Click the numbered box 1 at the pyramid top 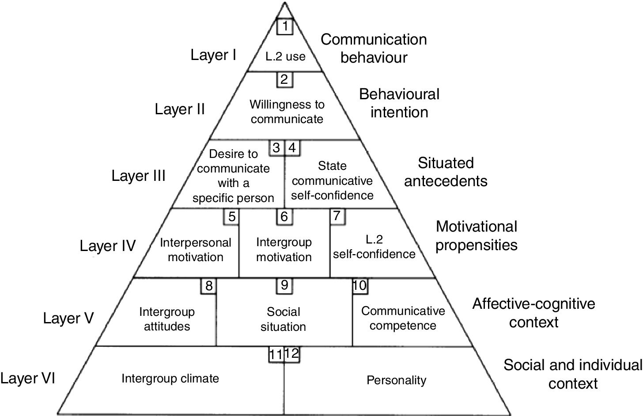point(285,26)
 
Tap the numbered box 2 point(284,79)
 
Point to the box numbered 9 point(284,285)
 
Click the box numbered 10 point(360,285)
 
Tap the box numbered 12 point(292,353)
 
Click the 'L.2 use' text point(285,56)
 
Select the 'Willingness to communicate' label point(287,112)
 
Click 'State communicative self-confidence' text point(333,180)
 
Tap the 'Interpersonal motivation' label point(195,249)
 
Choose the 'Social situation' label point(284,319)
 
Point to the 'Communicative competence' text point(403,318)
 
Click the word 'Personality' point(397,380)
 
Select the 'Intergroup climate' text point(170,378)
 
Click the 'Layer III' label point(138,176)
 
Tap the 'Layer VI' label point(28,379)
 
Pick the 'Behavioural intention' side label point(399,103)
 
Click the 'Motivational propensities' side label point(476,236)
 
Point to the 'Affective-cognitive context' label point(533,312)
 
